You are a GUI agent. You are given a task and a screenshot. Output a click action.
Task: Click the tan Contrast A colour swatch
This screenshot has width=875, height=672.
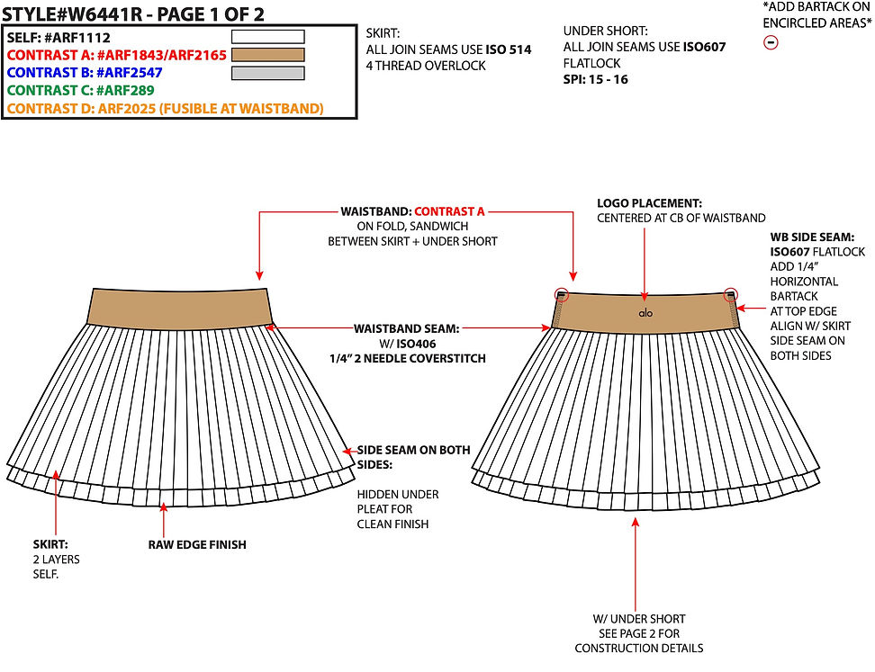pyautogui.click(x=268, y=55)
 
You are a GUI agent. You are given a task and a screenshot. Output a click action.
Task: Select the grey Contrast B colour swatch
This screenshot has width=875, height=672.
pyautogui.click(x=268, y=73)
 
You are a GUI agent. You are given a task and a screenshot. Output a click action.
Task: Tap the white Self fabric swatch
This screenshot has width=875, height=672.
pyautogui.click(x=268, y=37)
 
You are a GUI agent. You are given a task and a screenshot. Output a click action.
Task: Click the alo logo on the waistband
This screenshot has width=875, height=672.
pyautogui.click(x=645, y=313)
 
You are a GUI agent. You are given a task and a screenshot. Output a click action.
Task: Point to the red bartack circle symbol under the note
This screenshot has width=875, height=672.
pyautogui.click(x=771, y=42)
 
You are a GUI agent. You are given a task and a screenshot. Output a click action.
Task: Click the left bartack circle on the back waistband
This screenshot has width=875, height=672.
pyautogui.click(x=562, y=294)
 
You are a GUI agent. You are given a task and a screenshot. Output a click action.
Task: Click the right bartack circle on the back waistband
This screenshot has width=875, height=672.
pyautogui.click(x=731, y=294)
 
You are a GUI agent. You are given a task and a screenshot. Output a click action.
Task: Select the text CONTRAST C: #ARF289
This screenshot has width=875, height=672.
pyautogui.click(x=80, y=90)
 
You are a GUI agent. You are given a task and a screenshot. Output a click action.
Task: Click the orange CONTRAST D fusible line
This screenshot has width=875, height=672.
pyautogui.click(x=165, y=108)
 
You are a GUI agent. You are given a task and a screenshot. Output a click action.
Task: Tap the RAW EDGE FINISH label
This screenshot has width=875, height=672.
pyautogui.click(x=197, y=545)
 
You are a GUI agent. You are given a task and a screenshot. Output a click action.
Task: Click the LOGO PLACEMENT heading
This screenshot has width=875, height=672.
pyautogui.click(x=650, y=203)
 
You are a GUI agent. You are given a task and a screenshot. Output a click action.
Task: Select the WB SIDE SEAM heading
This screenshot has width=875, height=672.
pyautogui.click(x=812, y=237)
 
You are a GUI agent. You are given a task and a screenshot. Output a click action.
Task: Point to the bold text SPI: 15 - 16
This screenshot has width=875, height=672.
pyautogui.click(x=595, y=79)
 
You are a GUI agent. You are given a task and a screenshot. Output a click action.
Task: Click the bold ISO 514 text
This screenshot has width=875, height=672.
pyautogui.click(x=509, y=49)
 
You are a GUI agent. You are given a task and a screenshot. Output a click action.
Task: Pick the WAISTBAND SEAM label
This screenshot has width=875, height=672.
pyautogui.click(x=406, y=328)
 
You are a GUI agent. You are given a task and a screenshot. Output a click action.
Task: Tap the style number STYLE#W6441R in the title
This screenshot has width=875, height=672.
pyautogui.click(x=72, y=13)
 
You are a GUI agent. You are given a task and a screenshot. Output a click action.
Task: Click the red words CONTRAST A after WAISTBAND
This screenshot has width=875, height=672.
pyautogui.click(x=449, y=211)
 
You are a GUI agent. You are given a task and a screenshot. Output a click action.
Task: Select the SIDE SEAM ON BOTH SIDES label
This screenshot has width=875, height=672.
pyautogui.click(x=413, y=457)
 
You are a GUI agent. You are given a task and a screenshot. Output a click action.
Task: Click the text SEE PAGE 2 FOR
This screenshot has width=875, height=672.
pyautogui.click(x=639, y=633)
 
